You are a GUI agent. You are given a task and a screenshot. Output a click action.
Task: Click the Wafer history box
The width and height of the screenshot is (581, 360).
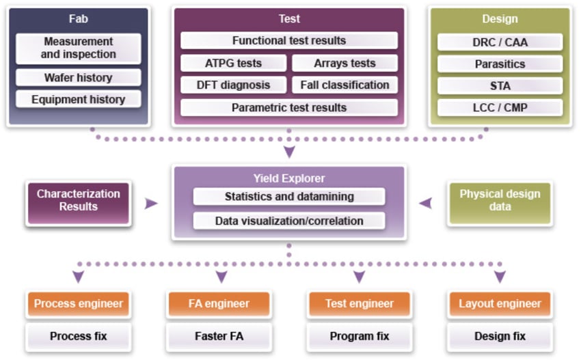click(78, 77)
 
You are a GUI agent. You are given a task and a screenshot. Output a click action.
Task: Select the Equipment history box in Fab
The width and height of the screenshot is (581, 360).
click(78, 99)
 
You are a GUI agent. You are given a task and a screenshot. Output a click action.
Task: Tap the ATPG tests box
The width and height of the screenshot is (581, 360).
click(233, 64)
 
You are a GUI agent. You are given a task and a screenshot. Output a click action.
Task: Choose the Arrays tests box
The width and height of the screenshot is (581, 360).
click(344, 64)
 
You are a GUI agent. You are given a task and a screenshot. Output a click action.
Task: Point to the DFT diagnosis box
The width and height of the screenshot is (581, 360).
click(233, 85)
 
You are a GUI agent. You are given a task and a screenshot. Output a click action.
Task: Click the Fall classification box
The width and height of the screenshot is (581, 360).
click(344, 85)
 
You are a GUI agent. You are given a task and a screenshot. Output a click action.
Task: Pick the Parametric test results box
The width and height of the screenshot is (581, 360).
click(288, 107)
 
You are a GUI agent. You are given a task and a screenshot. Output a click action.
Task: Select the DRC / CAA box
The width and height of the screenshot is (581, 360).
click(500, 42)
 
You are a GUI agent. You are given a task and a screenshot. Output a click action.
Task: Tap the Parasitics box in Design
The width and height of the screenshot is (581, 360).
click(500, 64)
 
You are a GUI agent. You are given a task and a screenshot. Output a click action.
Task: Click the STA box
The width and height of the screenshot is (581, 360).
click(500, 86)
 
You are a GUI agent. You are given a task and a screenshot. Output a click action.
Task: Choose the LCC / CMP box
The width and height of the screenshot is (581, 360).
click(500, 108)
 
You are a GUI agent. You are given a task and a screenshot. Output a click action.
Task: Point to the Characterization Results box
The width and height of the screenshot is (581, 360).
click(78, 201)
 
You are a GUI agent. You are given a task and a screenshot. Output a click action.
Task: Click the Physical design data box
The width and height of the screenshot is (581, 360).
click(500, 201)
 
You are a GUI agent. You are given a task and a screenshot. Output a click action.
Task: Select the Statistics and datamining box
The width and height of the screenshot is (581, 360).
click(288, 197)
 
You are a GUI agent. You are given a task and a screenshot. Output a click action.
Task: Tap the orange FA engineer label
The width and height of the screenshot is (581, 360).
click(219, 303)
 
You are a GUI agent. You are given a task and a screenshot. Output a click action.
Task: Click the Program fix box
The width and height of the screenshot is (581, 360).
click(359, 336)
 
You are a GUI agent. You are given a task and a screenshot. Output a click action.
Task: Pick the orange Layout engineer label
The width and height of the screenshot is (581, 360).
click(500, 303)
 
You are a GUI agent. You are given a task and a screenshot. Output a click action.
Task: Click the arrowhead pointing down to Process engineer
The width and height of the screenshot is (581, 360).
click(79, 277)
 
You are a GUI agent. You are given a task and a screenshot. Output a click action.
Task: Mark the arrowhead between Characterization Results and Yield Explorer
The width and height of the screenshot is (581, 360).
click(151, 203)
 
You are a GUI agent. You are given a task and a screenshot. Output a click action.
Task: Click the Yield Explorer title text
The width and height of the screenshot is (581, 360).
click(288, 178)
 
